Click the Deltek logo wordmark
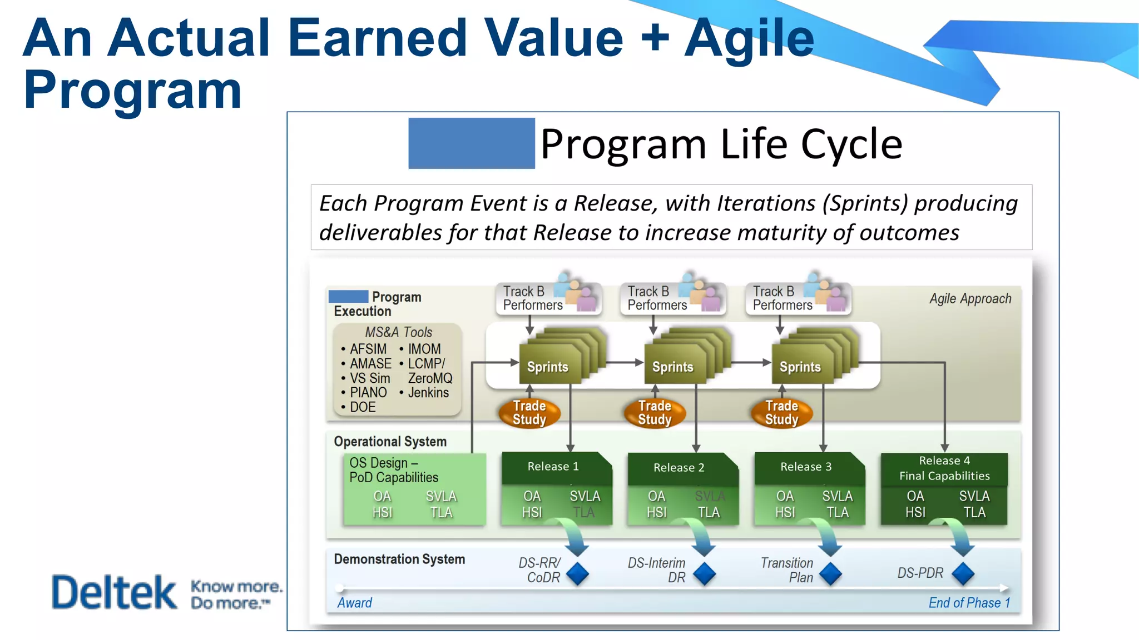(x=114, y=592)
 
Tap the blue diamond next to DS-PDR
(x=963, y=574)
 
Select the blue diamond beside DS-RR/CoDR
(x=577, y=574)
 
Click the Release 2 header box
(x=679, y=467)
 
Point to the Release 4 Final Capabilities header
(x=944, y=468)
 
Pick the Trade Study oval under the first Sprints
(x=529, y=413)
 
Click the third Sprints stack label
(x=800, y=367)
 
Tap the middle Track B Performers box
(x=657, y=298)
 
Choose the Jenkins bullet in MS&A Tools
(x=428, y=393)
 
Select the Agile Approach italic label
(x=970, y=298)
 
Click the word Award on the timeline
(x=354, y=603)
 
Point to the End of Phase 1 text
(x=969, y=603)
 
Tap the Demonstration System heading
(x=399, y=559)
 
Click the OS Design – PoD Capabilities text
(x=393, y=470)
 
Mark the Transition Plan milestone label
(x=787, y=570)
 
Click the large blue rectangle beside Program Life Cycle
(x=471, y=143)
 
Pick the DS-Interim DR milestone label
(x=657, y=570)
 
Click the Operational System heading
(x=390, y=442)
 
